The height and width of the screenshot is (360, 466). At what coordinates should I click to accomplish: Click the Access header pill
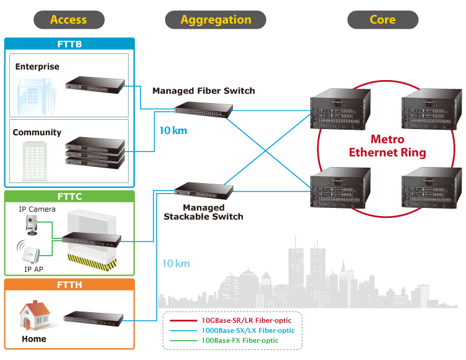68,20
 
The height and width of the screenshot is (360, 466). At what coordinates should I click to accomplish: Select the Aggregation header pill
216,20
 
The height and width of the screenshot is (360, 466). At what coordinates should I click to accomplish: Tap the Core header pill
382,20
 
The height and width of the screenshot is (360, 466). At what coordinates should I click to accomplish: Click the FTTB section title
69,44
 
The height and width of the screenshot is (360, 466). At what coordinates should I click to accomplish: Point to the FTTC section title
69,197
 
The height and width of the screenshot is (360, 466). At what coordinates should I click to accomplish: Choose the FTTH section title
69,285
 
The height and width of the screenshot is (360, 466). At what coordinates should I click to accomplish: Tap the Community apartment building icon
35,160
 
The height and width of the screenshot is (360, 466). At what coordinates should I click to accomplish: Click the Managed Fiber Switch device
203,110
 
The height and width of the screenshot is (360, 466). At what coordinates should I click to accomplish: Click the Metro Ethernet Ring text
387,146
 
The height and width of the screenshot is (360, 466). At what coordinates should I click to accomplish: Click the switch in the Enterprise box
94,85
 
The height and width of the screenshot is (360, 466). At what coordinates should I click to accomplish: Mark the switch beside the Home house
95,319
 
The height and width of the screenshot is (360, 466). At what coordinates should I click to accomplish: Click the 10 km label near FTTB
173,131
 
